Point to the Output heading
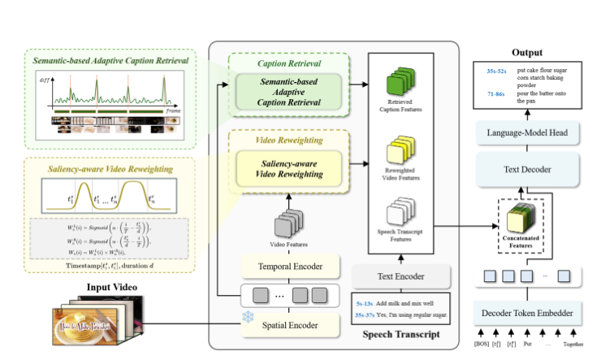pyautogui.click(x=528, y=52)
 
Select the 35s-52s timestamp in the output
pyautogui.click(x=497, y=72)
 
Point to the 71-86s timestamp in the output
pyautogui.click(x=496, y=94)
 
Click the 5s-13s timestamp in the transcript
pyautogui.click(x=364, y=301)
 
